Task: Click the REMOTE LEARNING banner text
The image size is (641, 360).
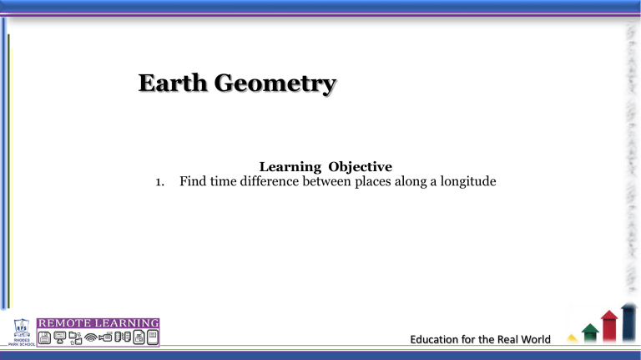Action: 98,322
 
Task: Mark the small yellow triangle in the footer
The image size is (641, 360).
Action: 573,339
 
